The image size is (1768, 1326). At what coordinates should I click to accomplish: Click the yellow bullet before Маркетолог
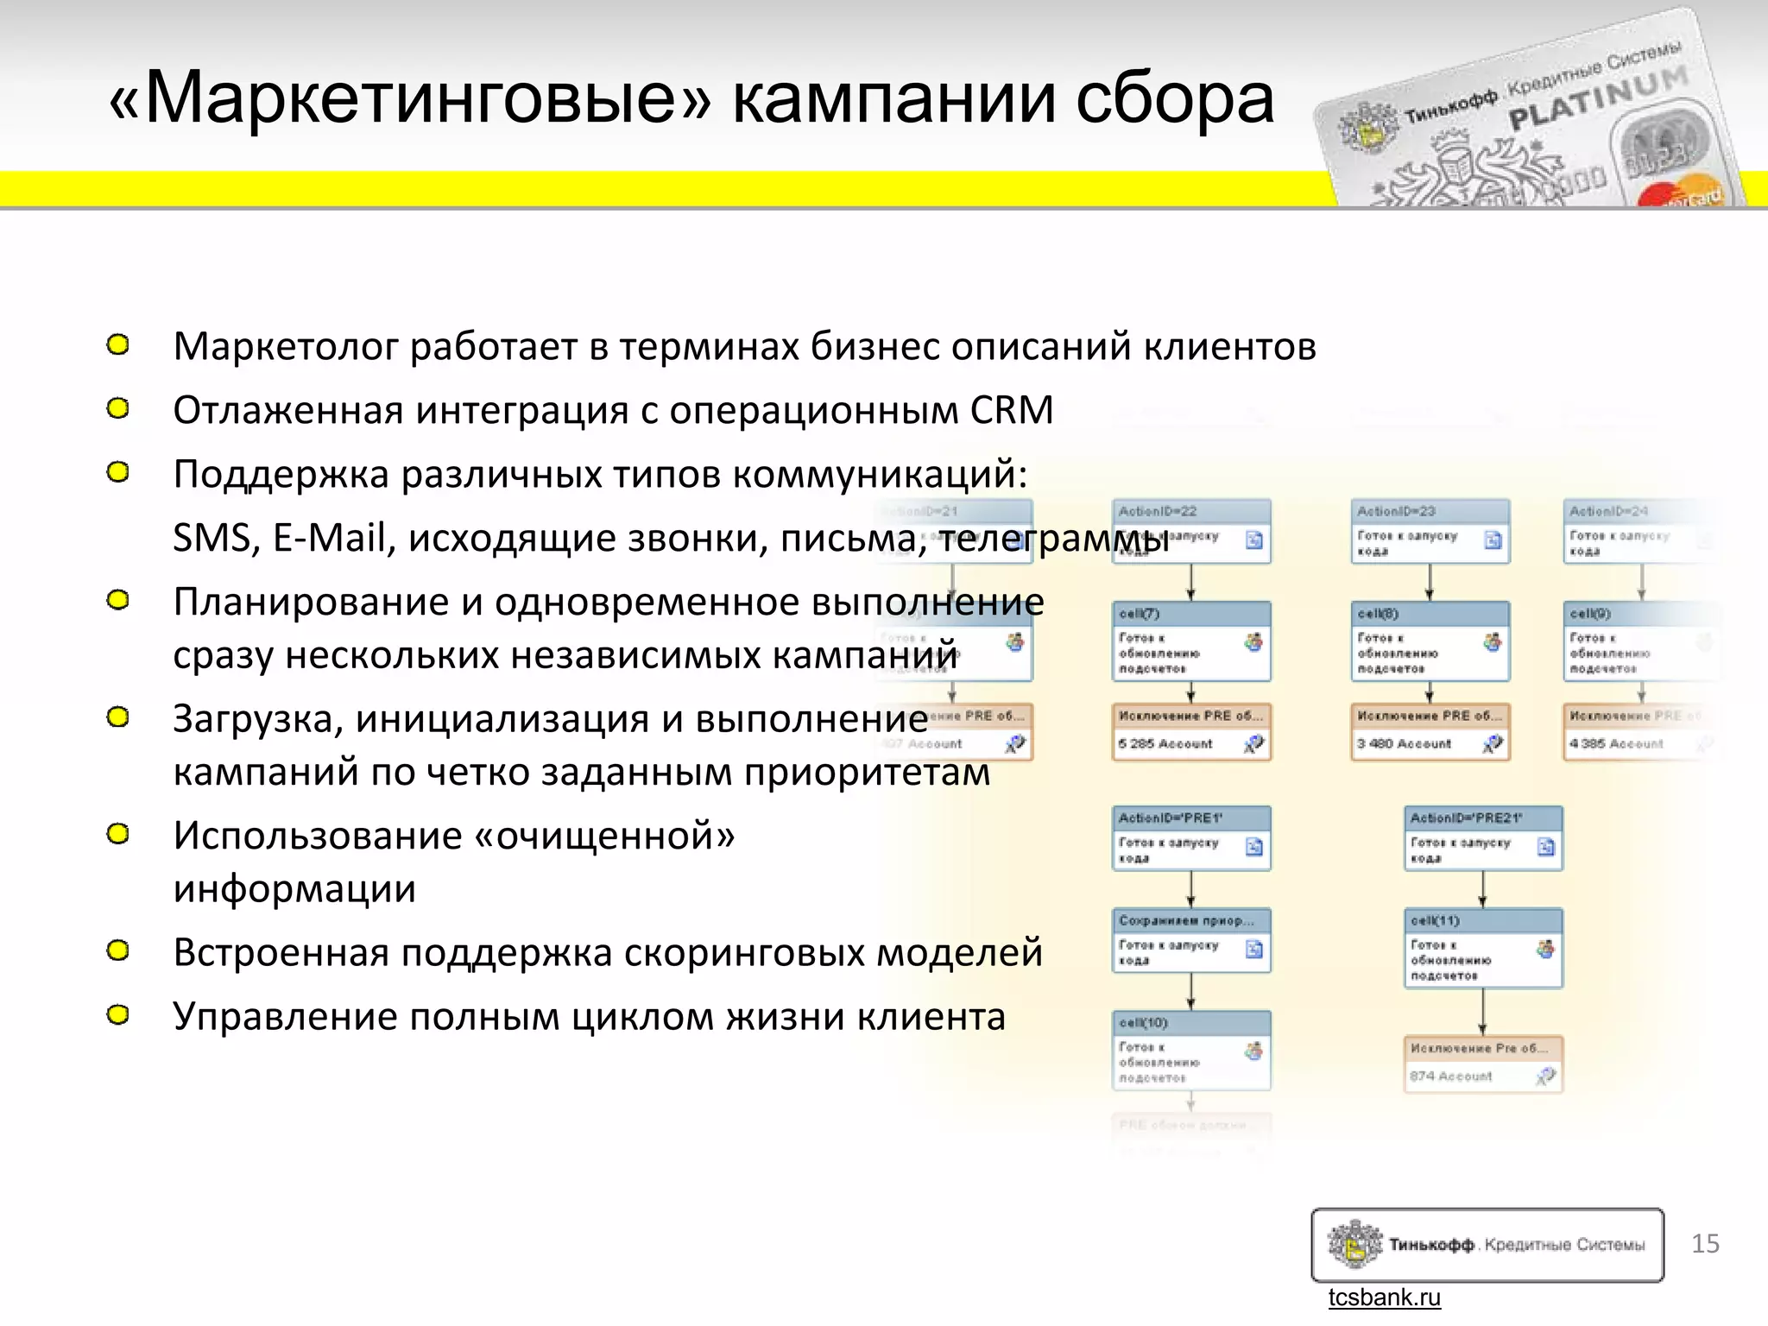118,345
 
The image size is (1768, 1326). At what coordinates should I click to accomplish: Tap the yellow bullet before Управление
118,1014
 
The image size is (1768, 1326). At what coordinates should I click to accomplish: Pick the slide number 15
1705,1243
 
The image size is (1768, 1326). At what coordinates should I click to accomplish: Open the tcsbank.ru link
1384,1298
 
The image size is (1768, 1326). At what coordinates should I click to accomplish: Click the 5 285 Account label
1165,743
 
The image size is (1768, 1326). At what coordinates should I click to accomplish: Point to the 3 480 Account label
1405,743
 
